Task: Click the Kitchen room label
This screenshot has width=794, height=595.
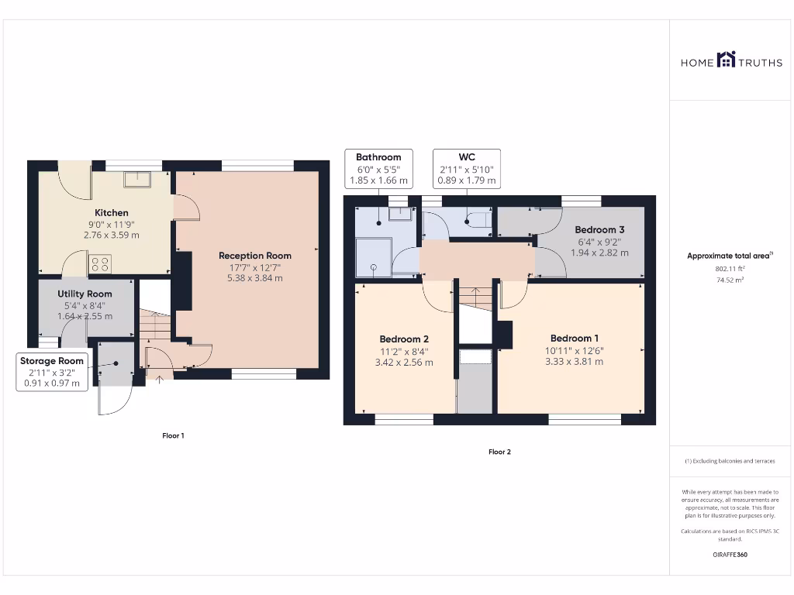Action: [112, 213]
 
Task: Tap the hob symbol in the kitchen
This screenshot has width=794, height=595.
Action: [100, 264]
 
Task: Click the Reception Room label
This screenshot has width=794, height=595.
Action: [255, 256]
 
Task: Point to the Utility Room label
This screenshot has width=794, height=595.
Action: [85, 294]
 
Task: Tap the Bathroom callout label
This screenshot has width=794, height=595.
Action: [378, 169]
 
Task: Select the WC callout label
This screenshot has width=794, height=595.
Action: [466, 169]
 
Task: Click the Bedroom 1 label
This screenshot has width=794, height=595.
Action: [574, 339]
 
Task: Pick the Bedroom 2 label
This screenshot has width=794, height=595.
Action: [404, 339]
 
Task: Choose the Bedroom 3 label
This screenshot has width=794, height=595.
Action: [599, 230]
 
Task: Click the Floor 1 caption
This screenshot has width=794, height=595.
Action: [173, 436]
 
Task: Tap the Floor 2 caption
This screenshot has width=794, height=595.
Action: [499, 452]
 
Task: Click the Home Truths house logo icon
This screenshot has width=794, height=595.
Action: [726, 60]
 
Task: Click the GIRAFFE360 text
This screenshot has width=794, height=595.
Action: [729, 555]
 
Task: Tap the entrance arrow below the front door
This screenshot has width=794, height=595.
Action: [161, 380]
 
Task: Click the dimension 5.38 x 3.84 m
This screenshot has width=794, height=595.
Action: [255, 278]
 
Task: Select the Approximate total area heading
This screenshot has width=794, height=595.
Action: [729, 256]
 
